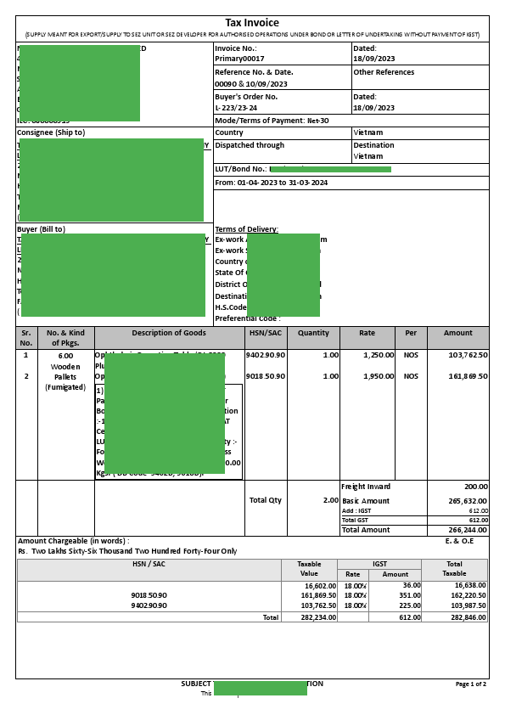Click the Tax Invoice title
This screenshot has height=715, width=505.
point(251,23)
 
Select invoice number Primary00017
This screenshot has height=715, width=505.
point(239,59)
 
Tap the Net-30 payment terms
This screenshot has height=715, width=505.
point(317,121)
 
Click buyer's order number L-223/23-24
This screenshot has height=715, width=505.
point(236,108)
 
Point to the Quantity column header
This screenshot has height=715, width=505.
point(313,333)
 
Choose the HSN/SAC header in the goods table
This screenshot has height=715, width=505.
point(266,333)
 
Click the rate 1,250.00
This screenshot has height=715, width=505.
point(378,355)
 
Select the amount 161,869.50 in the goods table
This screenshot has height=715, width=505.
point(468,376)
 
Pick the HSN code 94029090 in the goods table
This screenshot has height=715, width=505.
point(266,355)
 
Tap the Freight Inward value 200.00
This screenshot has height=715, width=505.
point(475,487)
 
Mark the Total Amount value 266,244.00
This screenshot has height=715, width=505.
point(468,530)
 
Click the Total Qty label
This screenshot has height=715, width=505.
point(265,500)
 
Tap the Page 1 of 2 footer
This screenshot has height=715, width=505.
point(471,684)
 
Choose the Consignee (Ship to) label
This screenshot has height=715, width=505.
point(51,132)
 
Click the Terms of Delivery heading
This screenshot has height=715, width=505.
point(246,229)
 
